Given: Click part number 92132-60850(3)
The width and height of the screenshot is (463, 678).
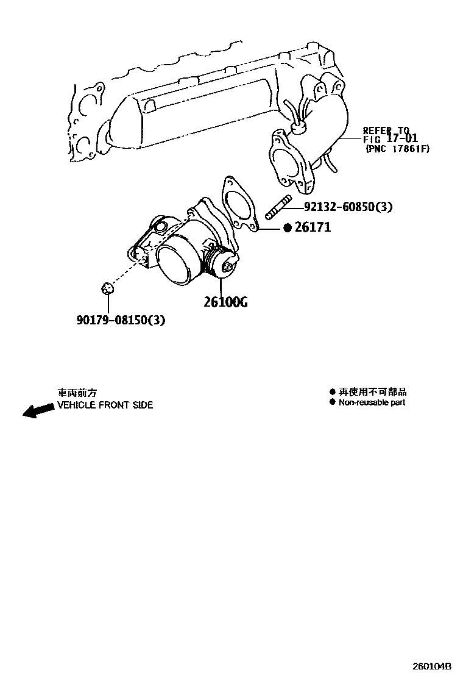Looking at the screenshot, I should tap(348, 207).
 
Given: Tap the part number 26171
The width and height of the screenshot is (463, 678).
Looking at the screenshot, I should tap(313, 227).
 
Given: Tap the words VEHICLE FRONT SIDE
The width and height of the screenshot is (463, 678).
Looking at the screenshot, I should tap(105, 405).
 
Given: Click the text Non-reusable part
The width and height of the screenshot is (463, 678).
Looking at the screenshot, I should tap(372, 402).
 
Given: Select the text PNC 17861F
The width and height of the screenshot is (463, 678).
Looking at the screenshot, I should tap(397, 148).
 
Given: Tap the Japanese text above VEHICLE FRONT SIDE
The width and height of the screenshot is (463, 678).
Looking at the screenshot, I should tap(77, 393).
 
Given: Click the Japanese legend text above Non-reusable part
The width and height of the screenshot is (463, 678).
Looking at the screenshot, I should tap(373, 392).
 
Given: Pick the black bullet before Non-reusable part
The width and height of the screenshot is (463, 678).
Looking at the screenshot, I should tap(332, 402).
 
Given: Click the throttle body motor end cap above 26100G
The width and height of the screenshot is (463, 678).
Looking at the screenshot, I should tap(230, 266).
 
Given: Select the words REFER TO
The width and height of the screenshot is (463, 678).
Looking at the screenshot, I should tap(386, 130).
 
